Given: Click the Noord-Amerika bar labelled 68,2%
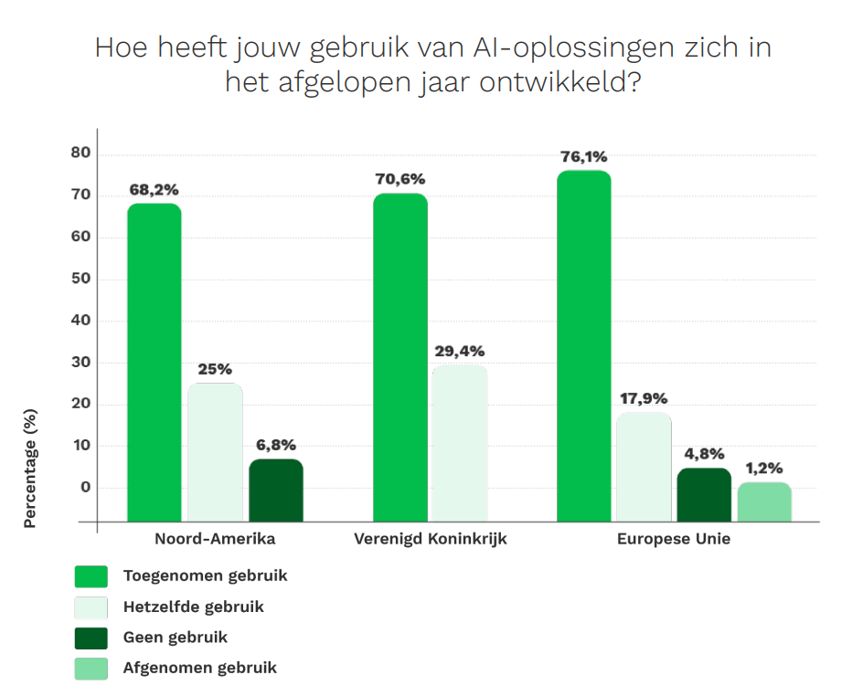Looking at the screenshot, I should pyautogui.click(x=154, y=362).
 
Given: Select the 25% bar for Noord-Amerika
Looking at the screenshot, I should pyautogui.click(x=215, y=452).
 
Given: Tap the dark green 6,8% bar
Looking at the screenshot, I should pyautogui.click(x=276, y=490).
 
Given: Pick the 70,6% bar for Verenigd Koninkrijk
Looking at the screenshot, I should pyautogui.click(x=400, y=357).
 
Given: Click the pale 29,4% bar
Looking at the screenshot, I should pyautogui.click(x=460, y=443).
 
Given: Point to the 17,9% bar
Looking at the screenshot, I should pyautogui.click(x=644, y=467).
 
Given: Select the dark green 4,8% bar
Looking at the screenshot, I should pyautogui.click(x=704, y=494).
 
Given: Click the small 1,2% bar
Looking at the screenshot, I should pyautogui.click(x=764, y=501).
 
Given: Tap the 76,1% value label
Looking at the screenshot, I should pyautogui.click(x=583, y=157).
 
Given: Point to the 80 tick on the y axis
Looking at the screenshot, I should pyautogui.click(x=80, y=153).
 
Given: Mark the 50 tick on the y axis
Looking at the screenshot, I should pyautogui.click(x=80, y=279).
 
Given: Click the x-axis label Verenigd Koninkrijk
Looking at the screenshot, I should pyautogui.click(x=430, y=539).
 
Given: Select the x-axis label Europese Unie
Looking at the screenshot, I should pyautogui.click(x=674, y=539).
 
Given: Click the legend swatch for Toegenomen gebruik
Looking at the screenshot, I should pyautogui.click(x=91, y=576).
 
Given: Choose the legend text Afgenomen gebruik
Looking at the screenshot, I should pyautogui.click(x=199, y=668).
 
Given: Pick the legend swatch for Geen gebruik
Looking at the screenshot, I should pyautogui.click(x=91, y=638).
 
